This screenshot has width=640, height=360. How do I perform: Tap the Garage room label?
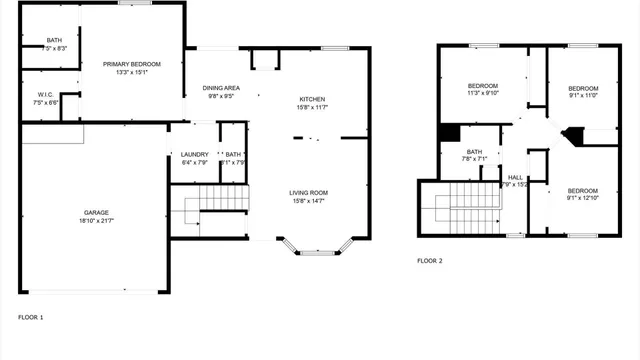[96, 212]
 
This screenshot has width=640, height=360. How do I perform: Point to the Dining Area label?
[220, 88]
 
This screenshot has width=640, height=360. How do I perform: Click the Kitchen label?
[312, 99]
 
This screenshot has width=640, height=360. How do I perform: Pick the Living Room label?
[309, 192]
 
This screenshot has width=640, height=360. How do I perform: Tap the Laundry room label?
[194, 154]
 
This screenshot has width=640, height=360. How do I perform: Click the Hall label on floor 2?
[515, 177]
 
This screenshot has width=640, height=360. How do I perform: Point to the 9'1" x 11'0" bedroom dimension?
[582, 96]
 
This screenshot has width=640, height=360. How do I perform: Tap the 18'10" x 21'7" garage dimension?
[96, 221]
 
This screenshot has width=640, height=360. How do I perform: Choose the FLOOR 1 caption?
[31, 317]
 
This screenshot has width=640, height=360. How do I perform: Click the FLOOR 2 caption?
[429, 261]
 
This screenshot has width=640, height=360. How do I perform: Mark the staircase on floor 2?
[464, 208]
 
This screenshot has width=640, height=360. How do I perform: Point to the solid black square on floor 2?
[449, 132]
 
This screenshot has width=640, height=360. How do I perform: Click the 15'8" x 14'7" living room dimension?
[309, 201]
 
